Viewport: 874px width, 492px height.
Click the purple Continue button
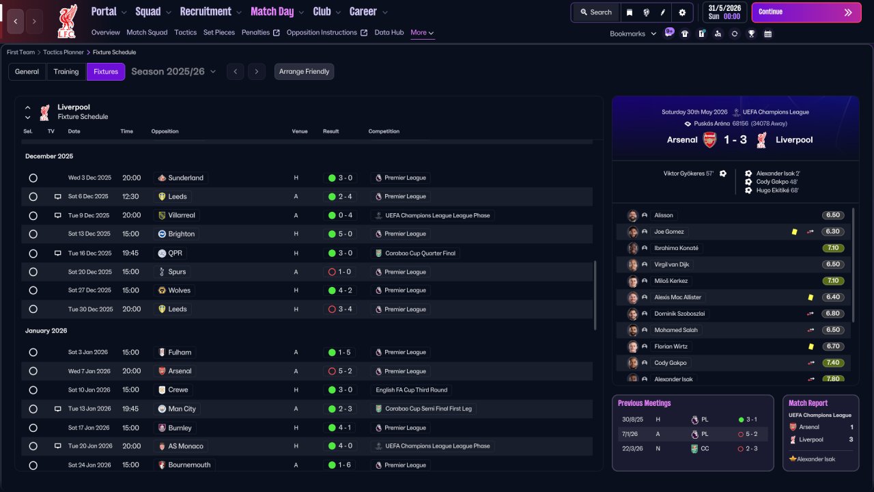coord(806,12)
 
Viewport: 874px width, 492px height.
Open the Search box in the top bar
coord(596,12)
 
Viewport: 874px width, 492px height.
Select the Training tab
coord(66,72)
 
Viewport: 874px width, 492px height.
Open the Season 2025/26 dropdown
coord(173,72)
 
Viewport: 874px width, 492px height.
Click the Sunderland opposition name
coord(186,178)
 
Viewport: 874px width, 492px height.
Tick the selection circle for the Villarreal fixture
coord(33,215)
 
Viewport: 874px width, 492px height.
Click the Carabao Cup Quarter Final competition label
coord(420,253)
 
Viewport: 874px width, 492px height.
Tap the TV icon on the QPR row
coord(58,253)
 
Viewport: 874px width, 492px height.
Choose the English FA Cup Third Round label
coord(411,389)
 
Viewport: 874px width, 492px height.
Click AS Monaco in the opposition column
coord(186,446)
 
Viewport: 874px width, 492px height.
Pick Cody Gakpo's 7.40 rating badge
coord(832,363)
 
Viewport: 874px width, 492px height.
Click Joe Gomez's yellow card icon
coord(794,232)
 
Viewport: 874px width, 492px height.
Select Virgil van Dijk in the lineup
coord(671,264)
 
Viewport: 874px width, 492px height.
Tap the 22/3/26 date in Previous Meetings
coord(632,449)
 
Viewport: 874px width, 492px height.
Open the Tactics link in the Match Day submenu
coord(185,32)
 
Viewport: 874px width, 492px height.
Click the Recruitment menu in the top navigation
coord(206,12)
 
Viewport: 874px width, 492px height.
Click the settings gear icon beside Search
coord(682,12)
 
